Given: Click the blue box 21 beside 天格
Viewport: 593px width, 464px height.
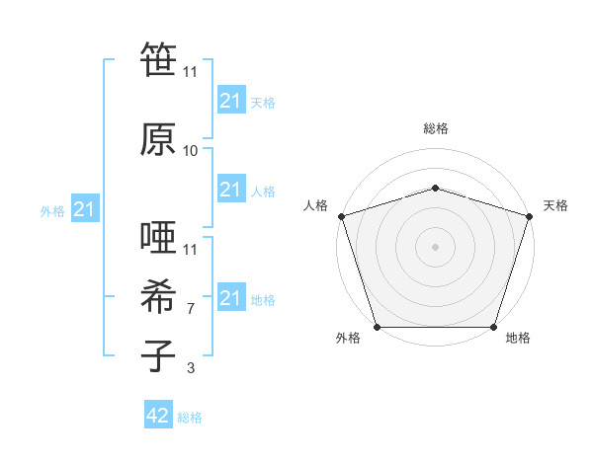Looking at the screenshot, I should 230,101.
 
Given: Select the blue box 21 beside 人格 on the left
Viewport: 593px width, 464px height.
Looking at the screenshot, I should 230,190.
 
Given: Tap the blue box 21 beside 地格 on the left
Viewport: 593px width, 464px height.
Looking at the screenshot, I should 230,298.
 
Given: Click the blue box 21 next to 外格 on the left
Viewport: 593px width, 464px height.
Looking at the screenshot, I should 84,209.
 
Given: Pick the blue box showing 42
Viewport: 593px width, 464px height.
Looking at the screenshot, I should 157,416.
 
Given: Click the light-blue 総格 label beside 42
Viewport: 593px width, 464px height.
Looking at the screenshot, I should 190,418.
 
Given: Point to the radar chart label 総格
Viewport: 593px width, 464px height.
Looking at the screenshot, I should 435,128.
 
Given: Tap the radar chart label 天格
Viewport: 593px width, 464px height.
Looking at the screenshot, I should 555,205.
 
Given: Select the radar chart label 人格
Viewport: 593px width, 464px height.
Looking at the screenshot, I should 316,205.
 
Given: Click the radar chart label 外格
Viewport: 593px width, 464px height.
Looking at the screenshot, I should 348,338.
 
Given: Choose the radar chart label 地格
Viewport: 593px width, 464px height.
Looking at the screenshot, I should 518,338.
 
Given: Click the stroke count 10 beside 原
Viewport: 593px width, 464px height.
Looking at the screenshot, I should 191,151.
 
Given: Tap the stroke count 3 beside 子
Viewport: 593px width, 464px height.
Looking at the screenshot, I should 191,369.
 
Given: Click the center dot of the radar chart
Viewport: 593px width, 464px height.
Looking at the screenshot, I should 435,247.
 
